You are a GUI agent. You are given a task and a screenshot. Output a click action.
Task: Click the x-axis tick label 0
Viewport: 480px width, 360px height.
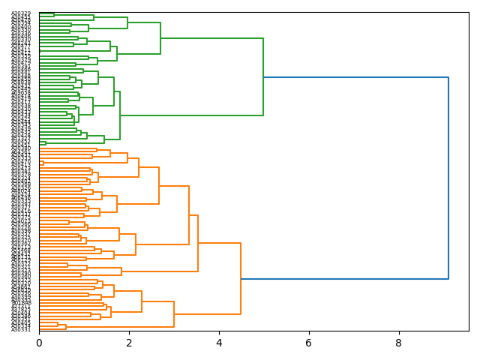[x=39, y=343]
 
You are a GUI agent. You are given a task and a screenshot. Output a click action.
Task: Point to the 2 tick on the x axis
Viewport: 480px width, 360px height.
[x=129, y=343]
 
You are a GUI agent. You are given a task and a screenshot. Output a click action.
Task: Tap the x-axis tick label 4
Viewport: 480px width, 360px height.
[x=219, y=343]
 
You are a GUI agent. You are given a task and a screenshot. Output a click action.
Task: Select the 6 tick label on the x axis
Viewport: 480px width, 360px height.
[x=308, y=343]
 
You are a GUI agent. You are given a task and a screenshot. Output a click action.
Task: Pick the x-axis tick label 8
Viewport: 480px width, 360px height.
[x=398, y=343]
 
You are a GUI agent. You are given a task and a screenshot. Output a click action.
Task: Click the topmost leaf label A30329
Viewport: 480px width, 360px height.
[x=21, y=13]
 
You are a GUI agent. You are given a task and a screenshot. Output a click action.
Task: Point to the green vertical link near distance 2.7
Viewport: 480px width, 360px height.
[x=160, y=38]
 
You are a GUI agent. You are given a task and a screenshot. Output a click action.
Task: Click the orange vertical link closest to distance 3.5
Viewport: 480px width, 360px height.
[x=198, y=243]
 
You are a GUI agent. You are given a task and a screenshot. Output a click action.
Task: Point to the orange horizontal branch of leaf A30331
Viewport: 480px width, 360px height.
[x=52, y=328]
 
